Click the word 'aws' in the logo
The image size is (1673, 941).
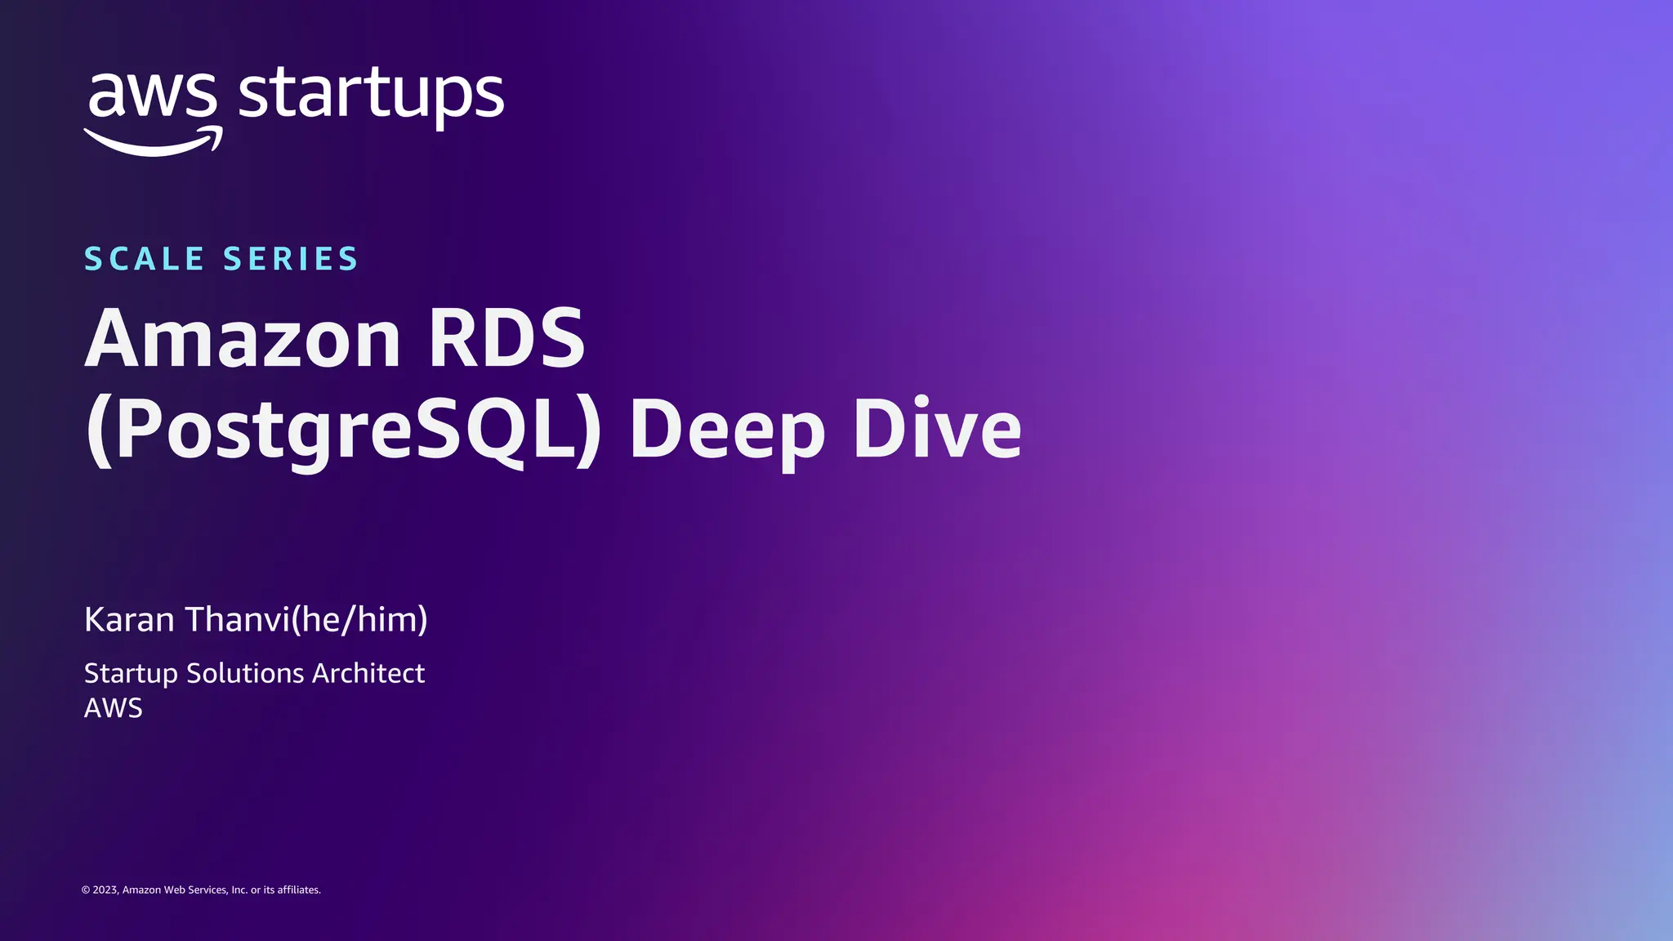click(x=152, y=96)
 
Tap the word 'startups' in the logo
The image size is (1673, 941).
click(x=371, y=96)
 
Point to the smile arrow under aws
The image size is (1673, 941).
click(x=154, y=142)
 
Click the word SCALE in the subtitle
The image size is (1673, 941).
click(x=144, y=259)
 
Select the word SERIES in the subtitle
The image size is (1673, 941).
click(x=291, y=259)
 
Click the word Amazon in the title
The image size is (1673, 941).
click(x=243, y=338)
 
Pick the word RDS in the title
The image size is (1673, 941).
click(x=506, y=338)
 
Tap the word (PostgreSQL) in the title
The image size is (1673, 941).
click(x=343, y=430)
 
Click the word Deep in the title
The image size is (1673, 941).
click(x=727, y=430)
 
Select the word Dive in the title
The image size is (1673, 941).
click(x=937, y=430)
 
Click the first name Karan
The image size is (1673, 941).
click(x=129, y=620)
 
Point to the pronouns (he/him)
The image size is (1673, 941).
click(x=359, y=620)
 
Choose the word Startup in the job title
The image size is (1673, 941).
click(x=131, y=674)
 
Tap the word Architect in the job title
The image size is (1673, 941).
click(x=368, y=673)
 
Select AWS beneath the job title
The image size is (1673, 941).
click(x=114, y=708)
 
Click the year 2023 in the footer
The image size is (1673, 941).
click(x=106, y=890)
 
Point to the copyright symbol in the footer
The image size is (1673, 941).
click(x=86, y=890)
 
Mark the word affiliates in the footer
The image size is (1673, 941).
click(x=299, y=890)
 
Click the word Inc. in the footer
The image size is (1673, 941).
click(x=239, y=890)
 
